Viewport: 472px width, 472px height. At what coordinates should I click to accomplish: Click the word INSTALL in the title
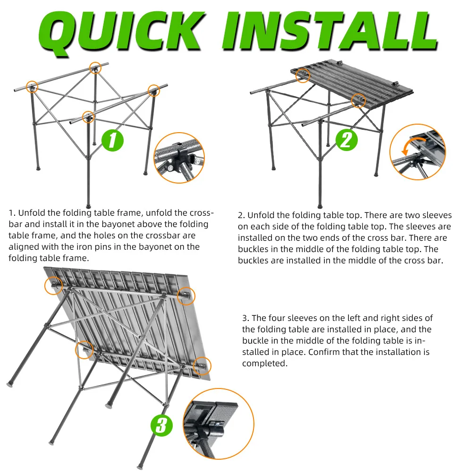329,31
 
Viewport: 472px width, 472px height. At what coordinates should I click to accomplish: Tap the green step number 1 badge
113,140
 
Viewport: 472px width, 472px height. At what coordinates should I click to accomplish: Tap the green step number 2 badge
346,140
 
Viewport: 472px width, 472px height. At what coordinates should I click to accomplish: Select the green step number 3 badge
161,425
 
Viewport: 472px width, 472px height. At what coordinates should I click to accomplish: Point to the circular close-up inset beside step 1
179,158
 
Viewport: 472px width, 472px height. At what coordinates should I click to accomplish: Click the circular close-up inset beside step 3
219,424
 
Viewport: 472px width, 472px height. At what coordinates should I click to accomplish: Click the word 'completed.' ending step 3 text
265,363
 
